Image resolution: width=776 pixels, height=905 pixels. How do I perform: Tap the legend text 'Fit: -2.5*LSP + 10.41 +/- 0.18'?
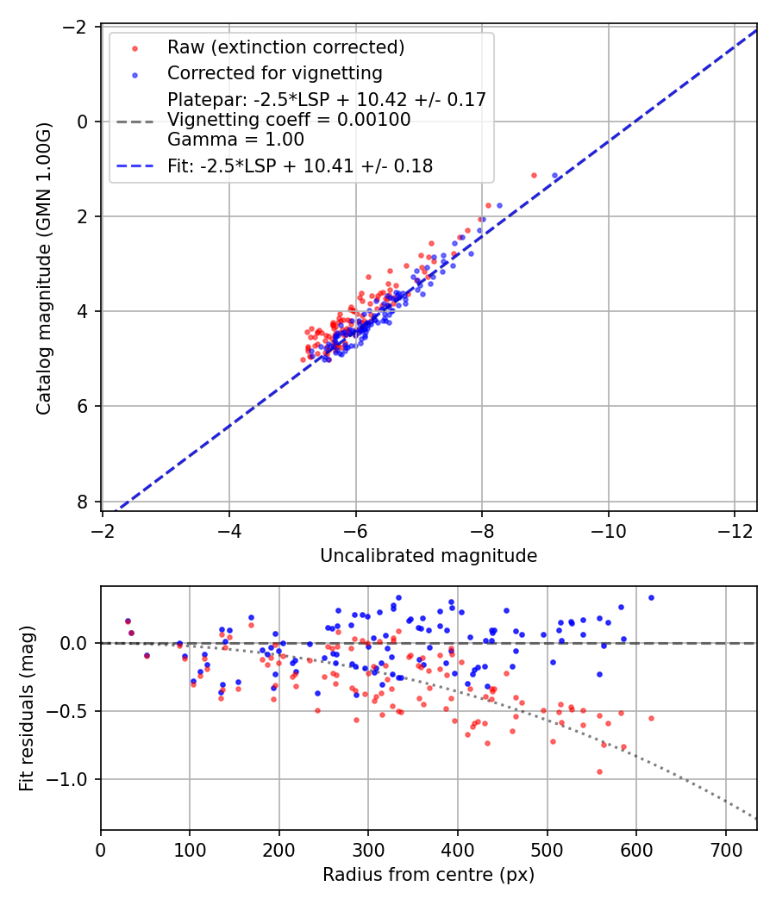300,165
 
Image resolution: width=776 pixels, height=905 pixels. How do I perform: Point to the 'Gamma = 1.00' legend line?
235,139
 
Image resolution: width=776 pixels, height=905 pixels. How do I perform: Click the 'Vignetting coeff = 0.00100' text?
289,120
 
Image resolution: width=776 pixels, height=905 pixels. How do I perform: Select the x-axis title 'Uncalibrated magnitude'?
429,556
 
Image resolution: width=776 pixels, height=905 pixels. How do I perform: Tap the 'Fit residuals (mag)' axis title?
27,708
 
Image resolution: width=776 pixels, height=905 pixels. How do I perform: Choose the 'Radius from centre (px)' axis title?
429,875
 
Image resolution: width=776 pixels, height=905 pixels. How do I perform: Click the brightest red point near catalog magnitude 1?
534,175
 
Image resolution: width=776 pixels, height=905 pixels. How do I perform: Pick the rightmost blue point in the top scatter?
555,175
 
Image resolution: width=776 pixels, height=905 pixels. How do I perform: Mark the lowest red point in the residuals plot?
599,771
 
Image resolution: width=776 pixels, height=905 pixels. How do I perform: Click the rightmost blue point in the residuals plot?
651,597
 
